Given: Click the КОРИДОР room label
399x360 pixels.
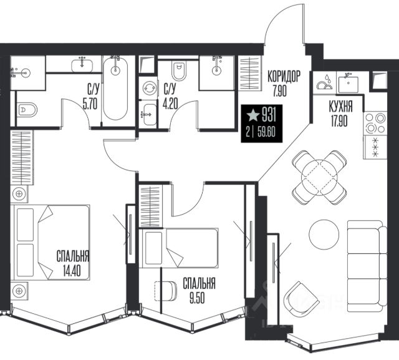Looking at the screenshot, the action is point(284,76).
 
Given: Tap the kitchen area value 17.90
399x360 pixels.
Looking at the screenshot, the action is point(339,120).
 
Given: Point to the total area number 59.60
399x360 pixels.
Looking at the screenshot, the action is point(267,132).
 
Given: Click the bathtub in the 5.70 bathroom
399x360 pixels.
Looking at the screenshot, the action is point(115,89).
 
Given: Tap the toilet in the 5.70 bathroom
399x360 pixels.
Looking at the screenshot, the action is point(28,110).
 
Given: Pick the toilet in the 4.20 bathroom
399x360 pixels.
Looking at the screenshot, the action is point(179,71).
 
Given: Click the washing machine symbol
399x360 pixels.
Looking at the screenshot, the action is point(149,88).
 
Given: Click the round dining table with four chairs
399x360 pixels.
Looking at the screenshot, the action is point(319,177).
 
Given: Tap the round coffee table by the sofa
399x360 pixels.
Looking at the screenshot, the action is point(324,235).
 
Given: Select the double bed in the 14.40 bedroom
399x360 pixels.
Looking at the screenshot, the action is point(50,242).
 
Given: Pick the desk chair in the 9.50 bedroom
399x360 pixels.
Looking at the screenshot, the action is point(166,291).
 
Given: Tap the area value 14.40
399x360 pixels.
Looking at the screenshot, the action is point(72,271).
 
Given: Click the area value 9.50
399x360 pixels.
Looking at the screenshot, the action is point(197,298).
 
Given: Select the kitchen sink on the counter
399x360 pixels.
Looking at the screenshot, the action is point(349,82).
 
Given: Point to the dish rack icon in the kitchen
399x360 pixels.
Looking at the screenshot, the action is point(325,82).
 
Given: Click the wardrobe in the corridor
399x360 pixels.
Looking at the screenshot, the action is point(249,73).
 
